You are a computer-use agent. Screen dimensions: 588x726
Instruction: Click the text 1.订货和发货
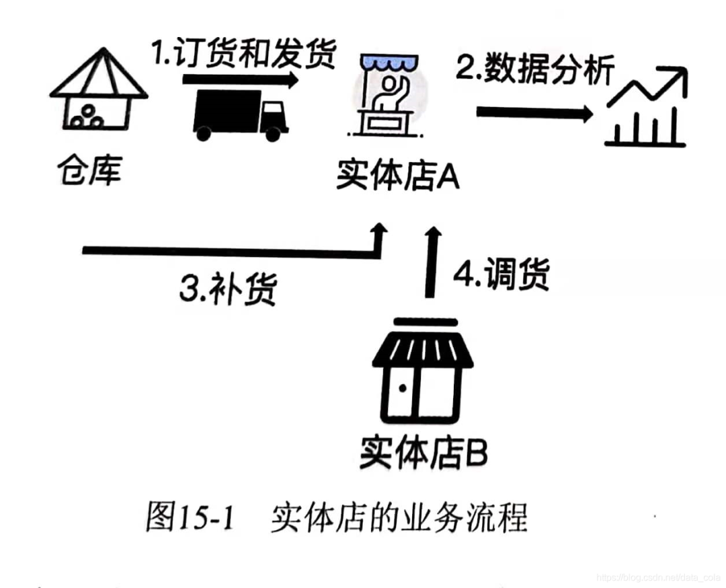click(243, 56)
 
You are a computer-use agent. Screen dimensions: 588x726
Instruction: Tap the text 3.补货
click(228, 289)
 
